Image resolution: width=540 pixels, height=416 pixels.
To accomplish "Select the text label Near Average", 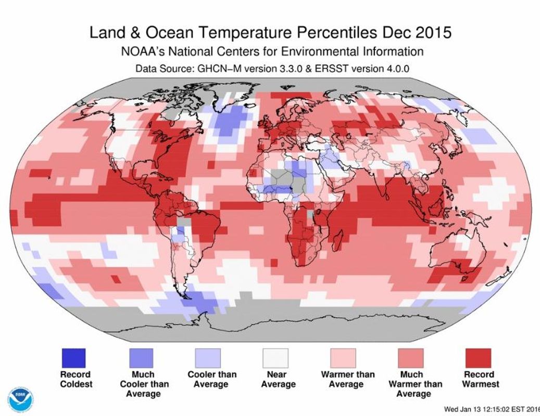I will point(278,379).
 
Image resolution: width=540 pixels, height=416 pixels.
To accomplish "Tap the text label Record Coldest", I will point(76,379).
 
